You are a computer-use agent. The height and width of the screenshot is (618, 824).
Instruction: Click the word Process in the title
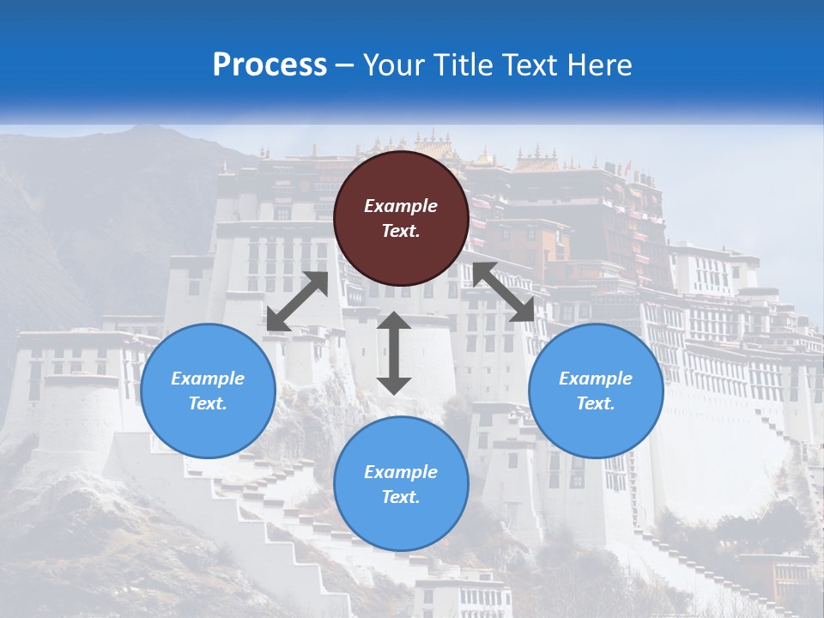pyautogui.click(x=270, y=65)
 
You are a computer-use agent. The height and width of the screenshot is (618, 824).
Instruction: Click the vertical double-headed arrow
pyautogui.click(x=394, y=353)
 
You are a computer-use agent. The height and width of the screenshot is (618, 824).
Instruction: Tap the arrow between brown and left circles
pyautogui.click(x=298, y=301)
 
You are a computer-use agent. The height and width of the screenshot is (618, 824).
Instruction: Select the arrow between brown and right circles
pyautogui.click(x=503, y=292)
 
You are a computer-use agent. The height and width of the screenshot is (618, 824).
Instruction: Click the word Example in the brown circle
pyautogui.click(x=401, y=206)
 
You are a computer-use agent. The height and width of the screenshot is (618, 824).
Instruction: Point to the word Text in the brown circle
pyautogui.click(x=401, y=231)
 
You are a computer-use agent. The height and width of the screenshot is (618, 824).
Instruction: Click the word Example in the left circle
pyautogui.click(x=208, y=379)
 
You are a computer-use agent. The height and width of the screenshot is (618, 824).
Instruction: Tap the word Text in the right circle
pyautogui.click(x=596, y=403)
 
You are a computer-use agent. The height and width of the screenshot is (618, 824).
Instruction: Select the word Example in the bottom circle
pyautogui.click(x=401, y=472)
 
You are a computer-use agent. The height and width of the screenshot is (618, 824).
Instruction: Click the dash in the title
pyautogui.click(x=345, y=65)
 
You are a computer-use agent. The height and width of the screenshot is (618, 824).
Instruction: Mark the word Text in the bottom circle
pyautogui.click(x=401, y=497)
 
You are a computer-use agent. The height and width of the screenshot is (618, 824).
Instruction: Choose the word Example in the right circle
pyautogui.click(x=596, y=379)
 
